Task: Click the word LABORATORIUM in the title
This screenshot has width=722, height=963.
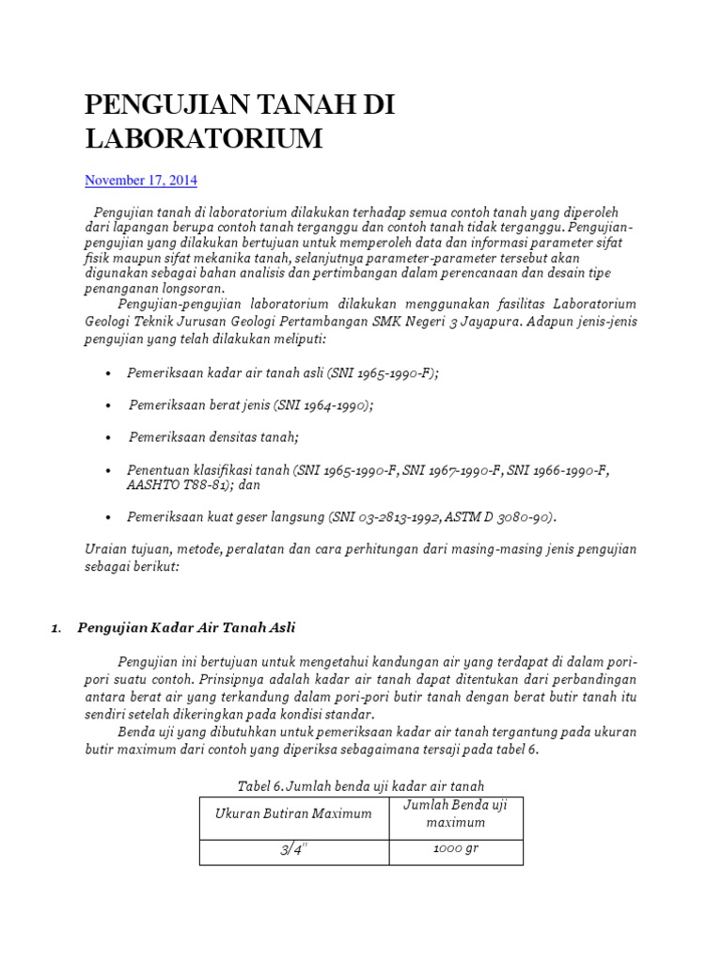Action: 203,138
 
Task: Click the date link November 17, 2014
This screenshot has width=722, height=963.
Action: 141,180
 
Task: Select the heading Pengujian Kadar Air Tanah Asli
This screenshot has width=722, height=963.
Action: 187,627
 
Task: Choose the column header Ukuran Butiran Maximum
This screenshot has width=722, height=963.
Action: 293,813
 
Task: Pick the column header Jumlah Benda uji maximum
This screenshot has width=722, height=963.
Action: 455,813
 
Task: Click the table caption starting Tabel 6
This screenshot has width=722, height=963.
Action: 361,785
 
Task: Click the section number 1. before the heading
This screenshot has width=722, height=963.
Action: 56,628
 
